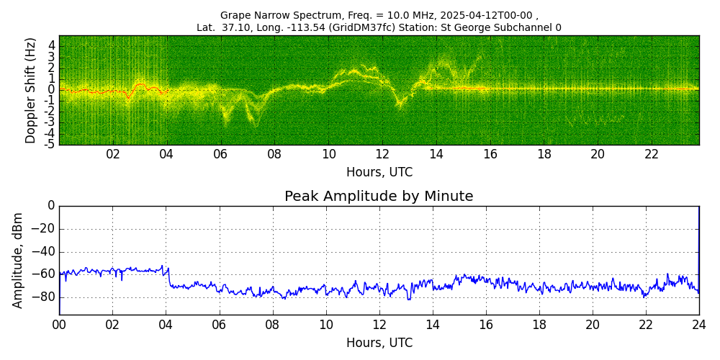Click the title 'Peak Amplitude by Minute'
[x=379, y=196]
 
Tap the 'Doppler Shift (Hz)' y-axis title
[x=30, y=90]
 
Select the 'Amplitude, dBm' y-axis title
[x=17, y=261]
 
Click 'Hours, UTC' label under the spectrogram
[x=379, y=172]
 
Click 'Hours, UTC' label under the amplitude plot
[x=379, y=342]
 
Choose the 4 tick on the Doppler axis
[x=53, y=46]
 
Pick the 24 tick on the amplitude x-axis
[x=699, y=324]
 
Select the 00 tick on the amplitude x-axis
[x=59, y=324]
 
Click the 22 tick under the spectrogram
[x=651, y=155]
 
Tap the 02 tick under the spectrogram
[x=113, y=155]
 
